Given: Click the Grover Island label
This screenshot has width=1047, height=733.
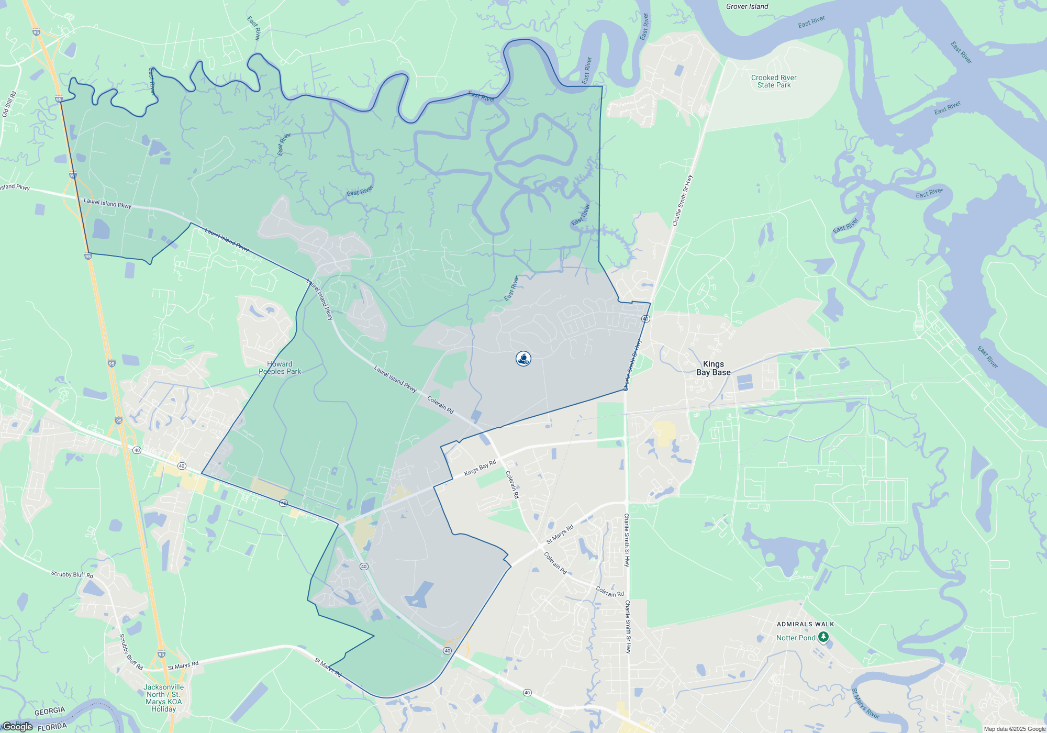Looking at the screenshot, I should pyautogui.click(x=747, y=7).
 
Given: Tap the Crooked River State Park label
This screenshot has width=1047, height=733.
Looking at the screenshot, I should pyautogui.click(x=774, y=81).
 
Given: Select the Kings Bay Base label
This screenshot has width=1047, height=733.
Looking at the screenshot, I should pyautogui.click(x=713, y=368).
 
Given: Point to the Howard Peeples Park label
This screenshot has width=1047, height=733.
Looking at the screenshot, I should pyautogui.click(x=280, y=368).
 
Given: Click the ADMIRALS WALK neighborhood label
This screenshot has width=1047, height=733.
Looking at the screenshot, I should pyautogui.click(x=805, y=624).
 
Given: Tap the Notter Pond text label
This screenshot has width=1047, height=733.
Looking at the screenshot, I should pyautogui.click(x=796, y=638).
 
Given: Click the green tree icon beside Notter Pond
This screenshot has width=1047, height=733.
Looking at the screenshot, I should pyautogui.click(x=823, y=637).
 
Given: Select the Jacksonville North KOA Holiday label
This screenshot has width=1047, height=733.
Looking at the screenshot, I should pyautogui.click(x=163, y=698).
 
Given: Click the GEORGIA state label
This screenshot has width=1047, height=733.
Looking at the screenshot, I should pyautogui.click(x=50, y=712).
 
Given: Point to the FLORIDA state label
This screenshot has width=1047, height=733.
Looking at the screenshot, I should pyautogui.click(x=52, y=727).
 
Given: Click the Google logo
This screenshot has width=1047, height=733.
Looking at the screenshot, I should pyautogui.click(x=17, y=727).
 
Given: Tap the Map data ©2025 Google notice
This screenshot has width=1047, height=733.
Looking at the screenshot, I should pyautogui.click(x=1015, y=729).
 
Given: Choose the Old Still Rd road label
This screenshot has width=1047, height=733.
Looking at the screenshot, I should pyautogui.click(x=9, y=104).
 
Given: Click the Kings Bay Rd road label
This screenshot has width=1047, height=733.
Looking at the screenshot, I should pyautogui.click(x=480, y=468).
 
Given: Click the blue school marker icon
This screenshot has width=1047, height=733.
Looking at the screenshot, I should pyautogui.click(x=523, y=359).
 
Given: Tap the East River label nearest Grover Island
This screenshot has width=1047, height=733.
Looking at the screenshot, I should pyautogui.click(x=811, y=22).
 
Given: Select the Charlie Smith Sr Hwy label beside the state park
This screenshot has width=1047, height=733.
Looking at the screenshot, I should pyautogui.click(x=682, y=201).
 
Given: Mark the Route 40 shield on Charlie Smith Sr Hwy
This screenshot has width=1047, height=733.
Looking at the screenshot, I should pyautogui.click(x=645, y=319).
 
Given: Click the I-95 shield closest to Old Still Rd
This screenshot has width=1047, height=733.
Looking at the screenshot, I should pyautogui.click(x=59, y=99).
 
